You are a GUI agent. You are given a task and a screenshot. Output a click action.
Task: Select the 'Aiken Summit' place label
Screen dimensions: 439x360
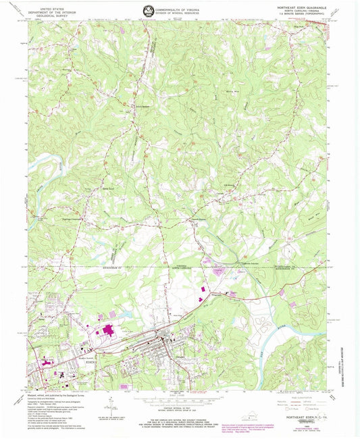click(x=140, y=105)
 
